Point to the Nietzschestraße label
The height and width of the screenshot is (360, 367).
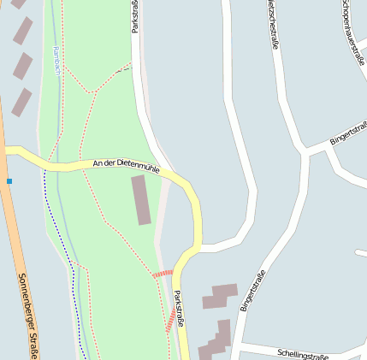pos(272,24)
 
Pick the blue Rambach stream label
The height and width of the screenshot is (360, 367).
pos(56,60)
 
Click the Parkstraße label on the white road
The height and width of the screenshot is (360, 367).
pos(135,17)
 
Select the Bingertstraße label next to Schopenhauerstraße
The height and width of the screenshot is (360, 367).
pos(348,134)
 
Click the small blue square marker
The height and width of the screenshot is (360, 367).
pos(9,181)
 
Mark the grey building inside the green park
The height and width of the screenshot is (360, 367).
pos(141,199)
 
